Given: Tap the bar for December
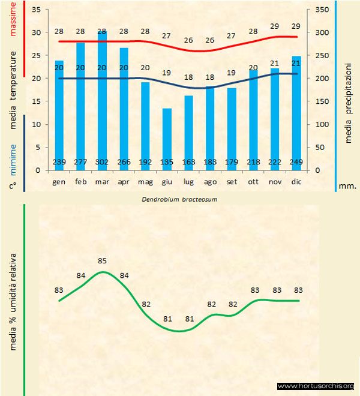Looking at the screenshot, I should pyautogui.click(x=296, y=108).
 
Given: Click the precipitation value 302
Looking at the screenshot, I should pyautogui.click(x=103, y=161).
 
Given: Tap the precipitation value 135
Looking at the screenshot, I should pyautogui.click(x=167, y=161).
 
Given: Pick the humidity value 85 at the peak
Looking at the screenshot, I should pyautogui.click(x=103, y=261).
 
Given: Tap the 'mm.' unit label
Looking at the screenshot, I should pyautogui.click(x=347, y=186).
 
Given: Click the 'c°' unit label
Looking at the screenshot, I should pyautogui.click(x=13, y=185).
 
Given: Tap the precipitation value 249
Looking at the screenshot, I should pyautogui.click(x=296, y=161).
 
